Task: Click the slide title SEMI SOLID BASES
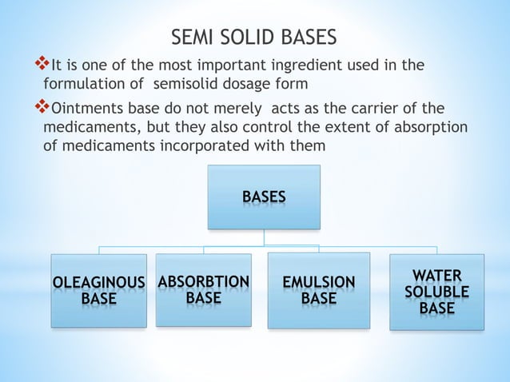click(x=255, y=38)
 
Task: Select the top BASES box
click(x=264, y=197)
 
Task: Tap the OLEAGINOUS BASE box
click(x=98, y=291)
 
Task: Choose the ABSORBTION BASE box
click(x=203, y=289)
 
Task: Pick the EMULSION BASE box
click(x=318, y=291)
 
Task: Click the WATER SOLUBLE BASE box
click(x=436, y=292)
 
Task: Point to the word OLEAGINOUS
click(x=98, y=282)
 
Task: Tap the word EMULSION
click(x=318, y=282)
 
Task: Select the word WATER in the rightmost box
click(x=436, y=276)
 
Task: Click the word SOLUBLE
click(x=436, y=292)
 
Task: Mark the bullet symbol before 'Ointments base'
click(x=44, y=108)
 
